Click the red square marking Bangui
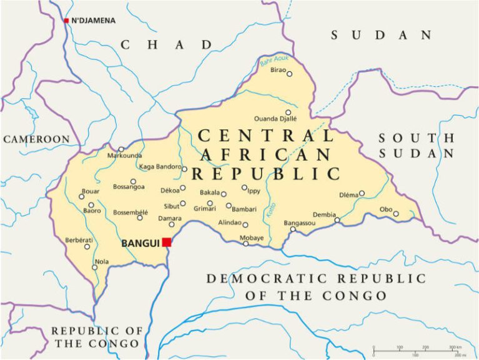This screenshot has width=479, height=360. click(166, 242)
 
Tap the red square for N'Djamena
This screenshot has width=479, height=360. click(66, 21)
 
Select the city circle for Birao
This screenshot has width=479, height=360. click(289, 74)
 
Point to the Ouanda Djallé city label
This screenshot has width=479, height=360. click(275, 118)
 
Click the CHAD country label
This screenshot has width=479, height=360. click(166, 44)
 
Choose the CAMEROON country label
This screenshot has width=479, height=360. click(36, 139)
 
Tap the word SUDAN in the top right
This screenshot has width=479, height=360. click(381, 35)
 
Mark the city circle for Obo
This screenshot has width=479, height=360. click(396, 214)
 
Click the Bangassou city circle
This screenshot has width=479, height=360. click(292, 229)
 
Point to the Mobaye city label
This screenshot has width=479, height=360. click(252, 237)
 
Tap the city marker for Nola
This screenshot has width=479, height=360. click(95, 267)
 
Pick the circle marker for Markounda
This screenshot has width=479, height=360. click(121, 149)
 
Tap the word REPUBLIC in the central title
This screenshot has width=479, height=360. click(266, 173)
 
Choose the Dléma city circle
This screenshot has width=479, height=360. click(362, 193)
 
